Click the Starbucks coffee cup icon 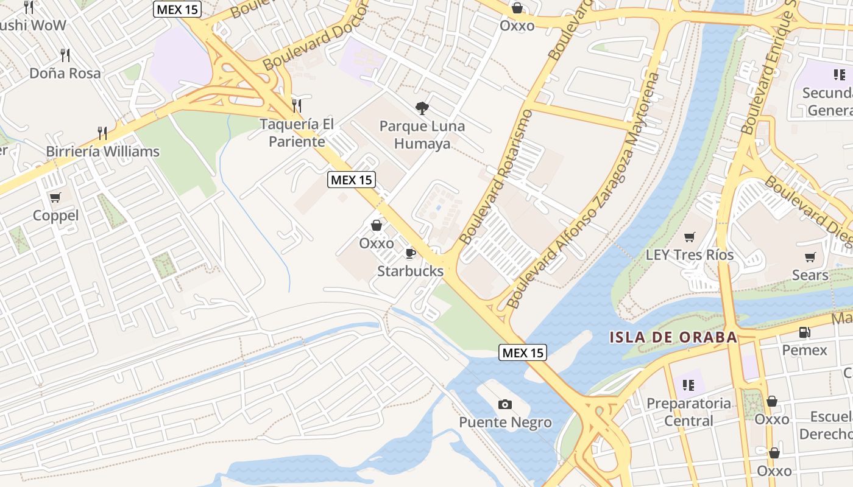(x=411, y=253)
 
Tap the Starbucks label (x=410, y=271)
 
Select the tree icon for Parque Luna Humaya (x=422, y=109)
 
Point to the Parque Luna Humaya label (x=422, y=135)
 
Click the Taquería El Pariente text (x=297, y=133)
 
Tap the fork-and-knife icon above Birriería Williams (x=102, y=133)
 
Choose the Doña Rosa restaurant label (x=65, y=73)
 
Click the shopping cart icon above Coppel (x=55, y=197)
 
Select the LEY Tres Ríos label (x=690, y=255)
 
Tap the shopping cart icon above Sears (x=810, y=258)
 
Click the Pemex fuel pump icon (x=804, y=332)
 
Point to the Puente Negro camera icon (x=505, y=404)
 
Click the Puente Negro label (x=505, y=422)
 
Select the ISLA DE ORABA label (x=673, y=337)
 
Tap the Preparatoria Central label (x=688, y=412)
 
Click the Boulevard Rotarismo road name (x=497, y=177)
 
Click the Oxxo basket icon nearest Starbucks (x=377, y=225)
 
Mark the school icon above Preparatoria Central (x=688, y=385)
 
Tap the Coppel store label (x=55, y=215)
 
